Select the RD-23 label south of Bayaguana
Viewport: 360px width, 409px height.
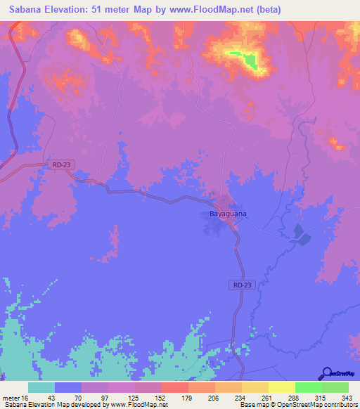point(240,285)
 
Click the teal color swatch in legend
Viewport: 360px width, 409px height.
point(41,387)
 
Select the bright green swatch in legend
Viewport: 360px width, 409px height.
point(308,387)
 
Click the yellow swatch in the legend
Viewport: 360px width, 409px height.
point(281,387)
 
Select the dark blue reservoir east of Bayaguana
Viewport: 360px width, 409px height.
point(300,235)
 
